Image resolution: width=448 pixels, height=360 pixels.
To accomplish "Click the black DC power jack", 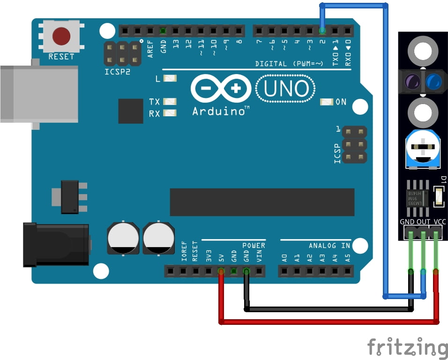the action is coord(56,245).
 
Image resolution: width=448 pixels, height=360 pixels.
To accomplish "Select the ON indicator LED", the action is coord(327,102).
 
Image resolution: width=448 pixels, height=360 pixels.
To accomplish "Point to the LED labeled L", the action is coord(170,79).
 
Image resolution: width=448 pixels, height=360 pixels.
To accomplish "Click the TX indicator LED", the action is coord(170,102).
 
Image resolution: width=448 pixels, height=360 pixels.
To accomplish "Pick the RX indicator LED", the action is coord(170,113).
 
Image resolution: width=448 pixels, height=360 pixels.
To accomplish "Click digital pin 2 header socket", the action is coord(322,31).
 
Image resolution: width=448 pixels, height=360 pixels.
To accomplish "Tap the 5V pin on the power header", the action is coord(221,271).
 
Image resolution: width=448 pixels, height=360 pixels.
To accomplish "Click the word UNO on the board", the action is coord(286,89).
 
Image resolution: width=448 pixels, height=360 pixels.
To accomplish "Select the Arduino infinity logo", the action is coord(221,88).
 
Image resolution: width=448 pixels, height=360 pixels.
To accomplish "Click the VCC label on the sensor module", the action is coord(440,222).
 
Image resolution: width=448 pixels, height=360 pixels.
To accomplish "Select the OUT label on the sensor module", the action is coord(424,222).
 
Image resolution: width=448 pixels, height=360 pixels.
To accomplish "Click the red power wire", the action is coord(328,322).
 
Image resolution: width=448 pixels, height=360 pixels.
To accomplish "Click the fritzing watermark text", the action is coord(407,348).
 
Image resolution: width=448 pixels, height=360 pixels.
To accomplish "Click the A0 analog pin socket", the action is coord(284,271).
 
